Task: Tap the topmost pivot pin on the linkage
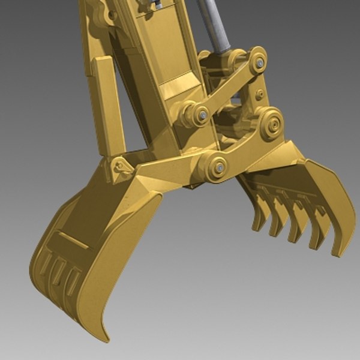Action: [x=259, y=62]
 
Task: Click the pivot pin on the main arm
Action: [x=203, y=114]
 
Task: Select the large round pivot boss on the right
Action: [x=274, y=125]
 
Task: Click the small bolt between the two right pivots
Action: [x=259, y=95]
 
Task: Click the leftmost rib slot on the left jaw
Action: [x=45, y=264]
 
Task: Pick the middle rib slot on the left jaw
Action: [x=59, y=271]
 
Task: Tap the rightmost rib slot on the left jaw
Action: [x=73, y=279]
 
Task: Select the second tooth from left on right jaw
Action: [x=277, y=220]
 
